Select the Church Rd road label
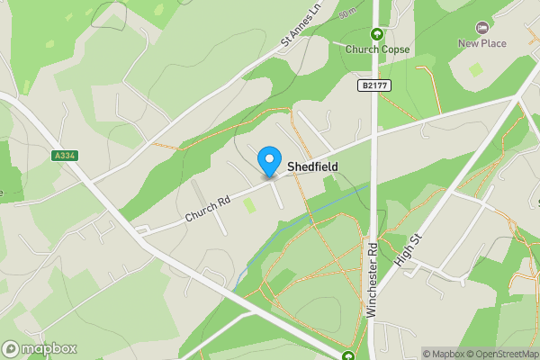[209, 209]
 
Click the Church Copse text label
[378, 49]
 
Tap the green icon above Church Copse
[378, 34]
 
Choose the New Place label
[482, 43]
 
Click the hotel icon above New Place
[482, 28]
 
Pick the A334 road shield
[65, 156]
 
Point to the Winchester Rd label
[371, 280]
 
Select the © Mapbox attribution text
[444, 354]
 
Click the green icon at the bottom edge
[348, 355]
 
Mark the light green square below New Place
[475, 68]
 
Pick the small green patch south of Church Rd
[249, 205]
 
